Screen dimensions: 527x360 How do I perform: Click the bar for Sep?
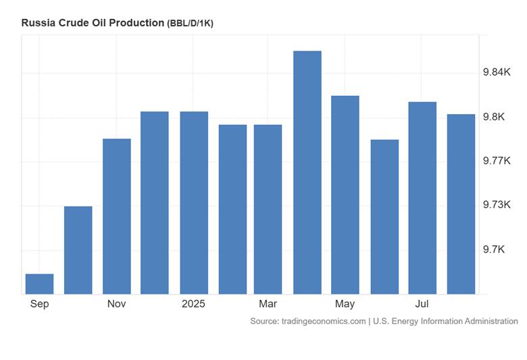coord(39,284)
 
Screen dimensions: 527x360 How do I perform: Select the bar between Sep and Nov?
coord(78,250)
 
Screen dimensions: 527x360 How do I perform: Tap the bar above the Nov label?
coord(117,216)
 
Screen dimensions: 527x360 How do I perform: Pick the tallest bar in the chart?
coord(307,172)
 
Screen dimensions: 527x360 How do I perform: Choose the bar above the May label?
coord(345,195)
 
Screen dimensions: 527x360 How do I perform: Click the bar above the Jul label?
coord(422,198)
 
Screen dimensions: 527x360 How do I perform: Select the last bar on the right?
coord(461,204)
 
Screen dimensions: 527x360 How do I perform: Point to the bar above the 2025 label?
coord(194,203)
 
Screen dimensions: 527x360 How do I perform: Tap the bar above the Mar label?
coord(268,209)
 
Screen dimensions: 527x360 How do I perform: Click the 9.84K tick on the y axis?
coord(497,72)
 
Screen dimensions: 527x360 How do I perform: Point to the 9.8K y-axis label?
coord(494,117)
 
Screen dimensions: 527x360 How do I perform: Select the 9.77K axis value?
coord(497,161)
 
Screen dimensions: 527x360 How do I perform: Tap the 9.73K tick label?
coord(497,205)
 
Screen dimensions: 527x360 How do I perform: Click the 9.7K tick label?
coord(494,249)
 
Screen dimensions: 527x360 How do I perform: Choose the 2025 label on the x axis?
coord(193,304)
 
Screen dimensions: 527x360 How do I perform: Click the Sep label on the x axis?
coord(39,304)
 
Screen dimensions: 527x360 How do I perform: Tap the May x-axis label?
coord(345,305)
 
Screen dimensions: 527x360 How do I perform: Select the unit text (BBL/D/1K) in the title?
coord(191,24)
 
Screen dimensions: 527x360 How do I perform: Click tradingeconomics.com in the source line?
coord(324,322)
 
